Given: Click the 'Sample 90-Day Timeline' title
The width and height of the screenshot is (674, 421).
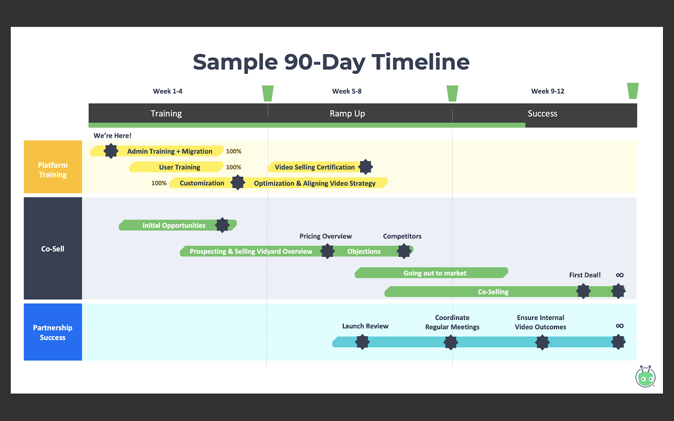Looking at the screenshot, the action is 331,62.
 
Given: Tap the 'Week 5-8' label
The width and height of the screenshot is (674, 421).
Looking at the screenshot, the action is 347,91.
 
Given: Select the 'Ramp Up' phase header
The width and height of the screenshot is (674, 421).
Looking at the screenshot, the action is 347,113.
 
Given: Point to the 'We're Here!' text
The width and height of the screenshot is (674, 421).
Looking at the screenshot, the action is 112,136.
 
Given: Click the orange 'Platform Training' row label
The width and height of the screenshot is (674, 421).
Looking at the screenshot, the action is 53,167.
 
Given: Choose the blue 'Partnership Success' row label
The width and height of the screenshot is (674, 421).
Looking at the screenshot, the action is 53,332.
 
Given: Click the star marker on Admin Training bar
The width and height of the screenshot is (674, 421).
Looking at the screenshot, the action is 111,151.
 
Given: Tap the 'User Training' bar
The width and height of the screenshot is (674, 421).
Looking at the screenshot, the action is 177,167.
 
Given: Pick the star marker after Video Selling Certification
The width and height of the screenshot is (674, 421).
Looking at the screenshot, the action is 366,167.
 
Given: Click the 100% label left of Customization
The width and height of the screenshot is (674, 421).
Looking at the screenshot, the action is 159,183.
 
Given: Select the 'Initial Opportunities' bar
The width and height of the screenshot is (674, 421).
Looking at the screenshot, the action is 177,225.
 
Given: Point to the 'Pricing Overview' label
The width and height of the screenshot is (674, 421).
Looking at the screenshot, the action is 326,236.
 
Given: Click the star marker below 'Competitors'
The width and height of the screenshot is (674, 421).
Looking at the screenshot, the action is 404,251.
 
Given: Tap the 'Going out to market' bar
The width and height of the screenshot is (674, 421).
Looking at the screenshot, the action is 431,273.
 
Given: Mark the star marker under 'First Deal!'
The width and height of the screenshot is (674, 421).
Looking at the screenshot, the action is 583,291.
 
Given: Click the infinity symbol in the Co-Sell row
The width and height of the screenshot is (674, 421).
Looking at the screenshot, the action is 620,275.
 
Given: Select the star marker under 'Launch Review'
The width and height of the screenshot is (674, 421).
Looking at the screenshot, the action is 362,342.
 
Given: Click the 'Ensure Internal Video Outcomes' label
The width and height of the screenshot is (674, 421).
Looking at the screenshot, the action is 540,322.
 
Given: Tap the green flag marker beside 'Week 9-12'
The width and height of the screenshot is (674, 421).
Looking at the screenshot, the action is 633,91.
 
